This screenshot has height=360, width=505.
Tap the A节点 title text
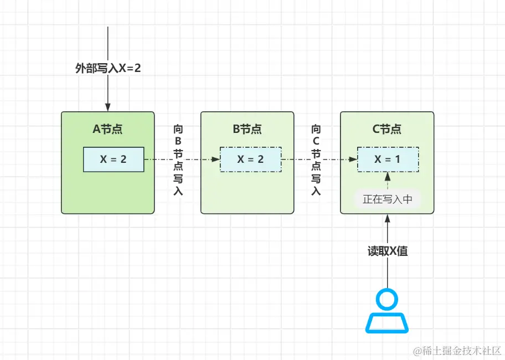(107, 130)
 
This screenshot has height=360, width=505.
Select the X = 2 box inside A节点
(114, 160)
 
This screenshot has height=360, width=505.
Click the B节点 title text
(247, 130)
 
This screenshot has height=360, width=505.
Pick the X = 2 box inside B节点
(250, 160)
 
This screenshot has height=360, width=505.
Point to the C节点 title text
(387, 130)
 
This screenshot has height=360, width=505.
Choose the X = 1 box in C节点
(388, 160)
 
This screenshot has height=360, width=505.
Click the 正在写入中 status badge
(388, 199)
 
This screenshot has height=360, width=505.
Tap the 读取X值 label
(388, 251)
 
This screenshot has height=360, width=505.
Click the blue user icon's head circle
(387, 300)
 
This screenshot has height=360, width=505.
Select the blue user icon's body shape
(387, 323)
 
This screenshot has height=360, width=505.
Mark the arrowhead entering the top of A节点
(108, 107)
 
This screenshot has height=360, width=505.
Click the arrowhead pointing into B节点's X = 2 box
(216, 160)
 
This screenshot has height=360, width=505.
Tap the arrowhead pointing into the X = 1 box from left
(353, 160)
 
